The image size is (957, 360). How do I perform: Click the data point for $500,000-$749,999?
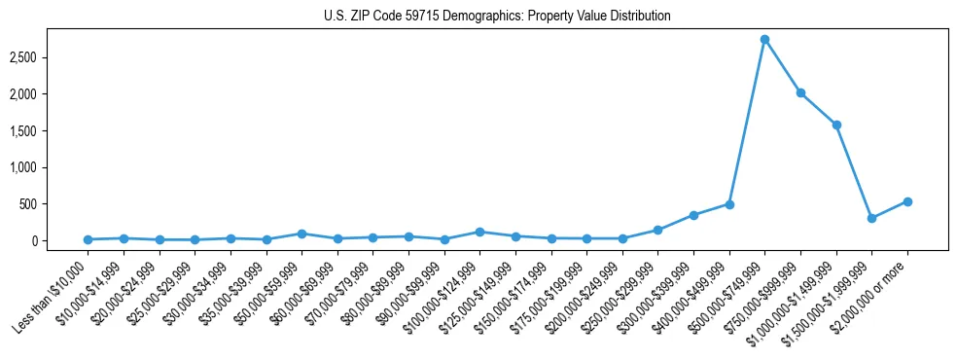point(764,39)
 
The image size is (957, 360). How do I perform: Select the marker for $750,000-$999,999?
point(800,92)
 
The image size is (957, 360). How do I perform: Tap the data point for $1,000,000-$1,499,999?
point(836,125)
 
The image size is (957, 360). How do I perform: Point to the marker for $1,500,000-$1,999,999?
point(871,218)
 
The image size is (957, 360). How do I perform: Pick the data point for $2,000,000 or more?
point(907,201)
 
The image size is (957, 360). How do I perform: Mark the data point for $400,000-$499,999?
point(729,204)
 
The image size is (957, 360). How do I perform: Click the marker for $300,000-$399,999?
point(693,215)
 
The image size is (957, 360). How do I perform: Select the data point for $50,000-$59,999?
point(301,234)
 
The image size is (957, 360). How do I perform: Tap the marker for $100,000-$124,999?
point(479,232)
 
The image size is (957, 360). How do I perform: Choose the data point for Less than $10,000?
point(88,239)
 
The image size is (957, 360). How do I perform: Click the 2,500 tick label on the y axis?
point(50,57)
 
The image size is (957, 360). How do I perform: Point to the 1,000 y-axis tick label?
point(50,167)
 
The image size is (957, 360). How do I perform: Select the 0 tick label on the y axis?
point(60,240)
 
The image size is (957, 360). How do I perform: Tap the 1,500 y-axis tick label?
point(50,130)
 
